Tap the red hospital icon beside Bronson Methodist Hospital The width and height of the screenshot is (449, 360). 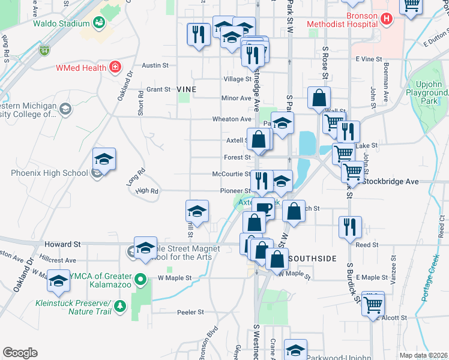[387, 19]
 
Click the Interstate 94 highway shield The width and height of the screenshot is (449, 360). [44, 52]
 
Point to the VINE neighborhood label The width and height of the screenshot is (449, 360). [187, 89]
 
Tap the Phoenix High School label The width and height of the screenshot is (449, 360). [49, 173]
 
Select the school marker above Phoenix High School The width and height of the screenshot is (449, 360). [104, 160]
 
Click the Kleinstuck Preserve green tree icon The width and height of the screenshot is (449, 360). [120, 307]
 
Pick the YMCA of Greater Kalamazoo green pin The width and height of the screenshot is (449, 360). [140, 279]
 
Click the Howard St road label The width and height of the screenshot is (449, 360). [63, 245]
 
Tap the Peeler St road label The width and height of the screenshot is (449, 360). [191, 312]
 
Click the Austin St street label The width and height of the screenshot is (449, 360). [154, 65]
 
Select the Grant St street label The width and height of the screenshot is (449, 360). [158, 89]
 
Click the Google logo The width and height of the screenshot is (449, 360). [20, 353]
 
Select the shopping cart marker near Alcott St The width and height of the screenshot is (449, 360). [374, 303]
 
